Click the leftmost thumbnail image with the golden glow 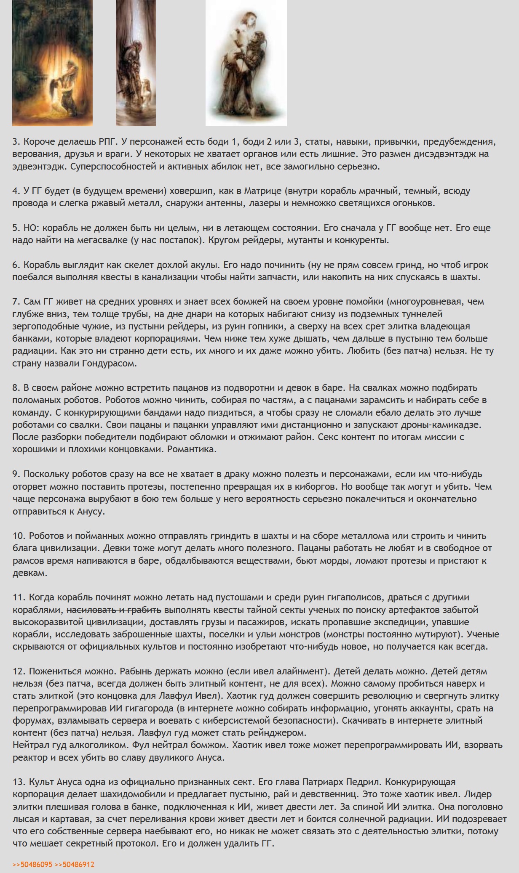coord(52,63)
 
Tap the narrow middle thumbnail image coord(136,63)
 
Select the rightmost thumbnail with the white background coord(246,63)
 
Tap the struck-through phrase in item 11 coord(114,610)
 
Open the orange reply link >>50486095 coord(32,865)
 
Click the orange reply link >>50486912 coord(75,865)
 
